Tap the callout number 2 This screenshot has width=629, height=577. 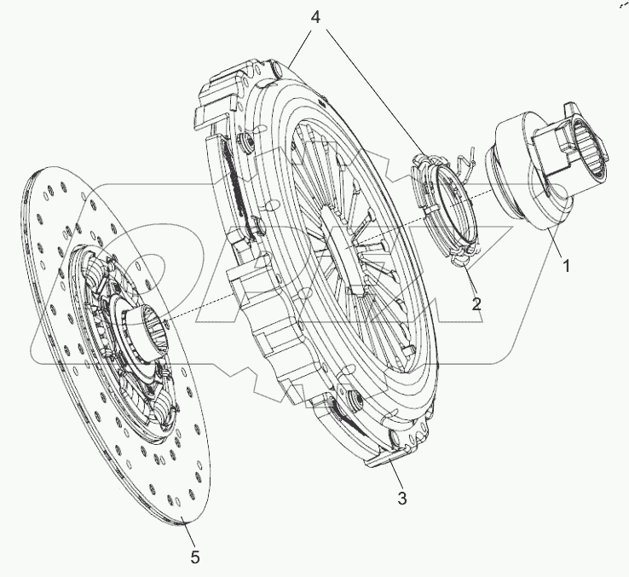(476, 302)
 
